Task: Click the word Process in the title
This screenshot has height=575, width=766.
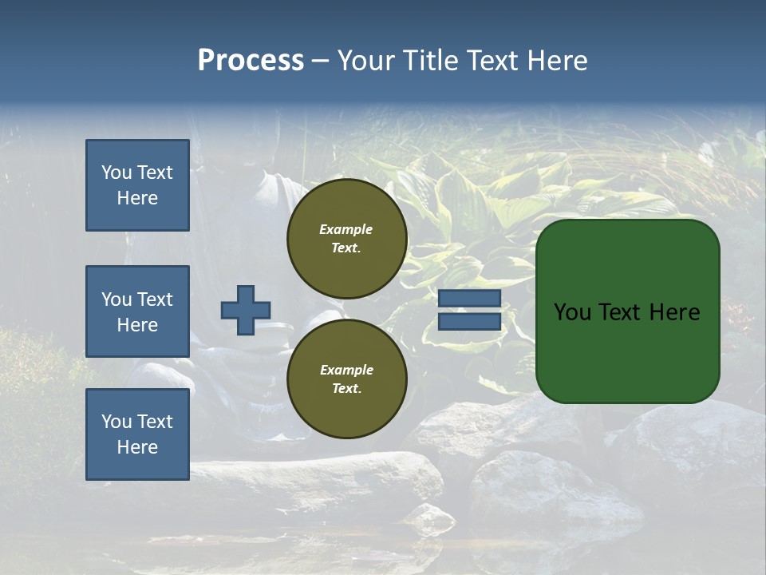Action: [251, 61]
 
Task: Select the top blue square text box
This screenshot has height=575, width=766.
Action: [137, 185]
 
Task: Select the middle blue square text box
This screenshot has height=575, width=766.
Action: [137, 311]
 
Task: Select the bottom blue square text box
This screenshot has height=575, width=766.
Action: [137, 434]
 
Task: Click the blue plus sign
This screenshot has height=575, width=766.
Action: [246, 311]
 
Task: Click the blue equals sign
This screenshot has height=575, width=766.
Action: [469, 310]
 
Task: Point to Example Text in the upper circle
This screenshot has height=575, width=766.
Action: [346, 238]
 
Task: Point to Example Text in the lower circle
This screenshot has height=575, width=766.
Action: [346, 379]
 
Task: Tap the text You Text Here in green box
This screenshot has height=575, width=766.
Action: [626, 312]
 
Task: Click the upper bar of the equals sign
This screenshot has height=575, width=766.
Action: [469, 299]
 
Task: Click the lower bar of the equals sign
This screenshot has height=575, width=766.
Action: [469, 322]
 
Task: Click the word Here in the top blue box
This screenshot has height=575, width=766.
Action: [137, 198]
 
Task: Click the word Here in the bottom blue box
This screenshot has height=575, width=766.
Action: [137, 447]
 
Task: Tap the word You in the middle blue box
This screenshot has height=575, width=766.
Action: [116, 299]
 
